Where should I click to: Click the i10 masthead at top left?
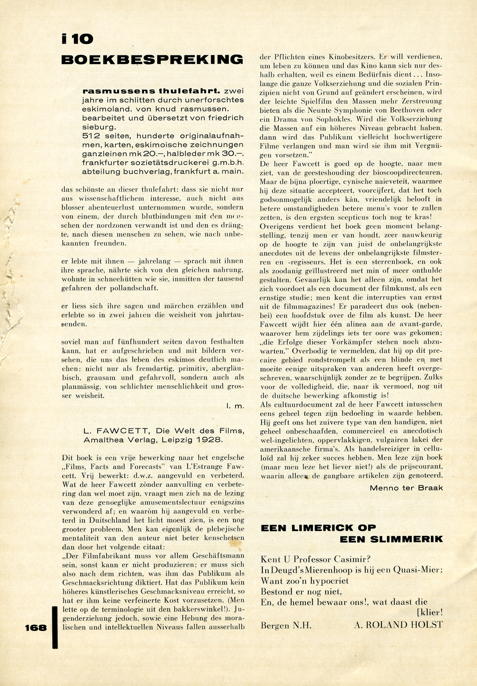pos(77,39)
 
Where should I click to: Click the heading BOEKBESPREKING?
pos(152,59)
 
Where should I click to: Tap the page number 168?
pos(36,628)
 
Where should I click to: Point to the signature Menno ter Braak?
pos(406,488)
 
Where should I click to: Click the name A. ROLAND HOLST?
pos(398,625)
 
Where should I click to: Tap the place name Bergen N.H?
pos(286,625)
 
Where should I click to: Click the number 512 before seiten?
pos(91,136)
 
